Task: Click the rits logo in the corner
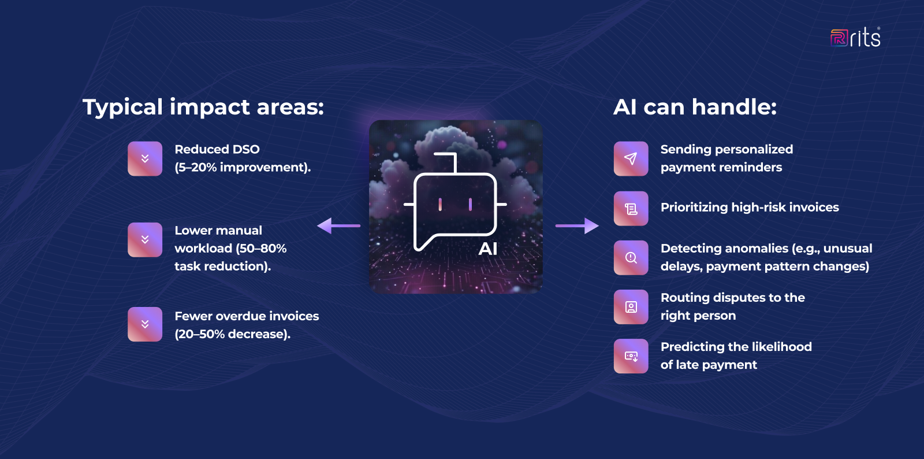[x=855, y=38]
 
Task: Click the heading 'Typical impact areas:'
[x=203, y=107]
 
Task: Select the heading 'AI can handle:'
[x=695, y=107]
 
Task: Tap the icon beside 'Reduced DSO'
[x=145, y=158]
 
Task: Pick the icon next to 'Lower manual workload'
[x=145, y=239]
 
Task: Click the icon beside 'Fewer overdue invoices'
[x=145, y=324]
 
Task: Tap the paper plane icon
[x=631, y=158]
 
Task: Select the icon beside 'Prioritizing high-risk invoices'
[x=631, y=209]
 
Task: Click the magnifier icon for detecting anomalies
[x=631, y=258]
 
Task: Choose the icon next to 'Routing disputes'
[x=631, y=307]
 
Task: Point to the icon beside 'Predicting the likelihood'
[x=631, y=356]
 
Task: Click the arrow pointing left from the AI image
[x=338, y=225]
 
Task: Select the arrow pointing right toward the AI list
[x=577, y=225]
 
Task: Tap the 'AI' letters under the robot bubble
[x=488, y=249]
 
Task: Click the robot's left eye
[x=440, y=204]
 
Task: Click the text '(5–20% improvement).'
[x=243, y=168]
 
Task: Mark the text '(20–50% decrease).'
[x=232, y=334]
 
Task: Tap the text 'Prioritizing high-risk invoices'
[x=750, y=208]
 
